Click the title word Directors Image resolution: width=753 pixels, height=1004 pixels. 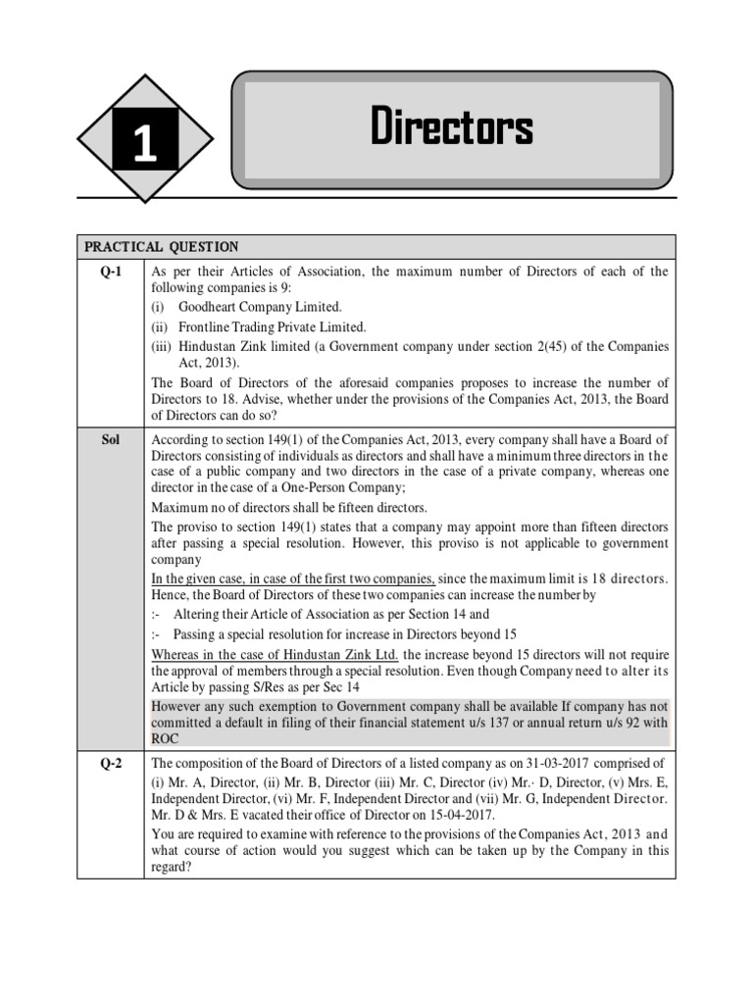click(x=452, y=128)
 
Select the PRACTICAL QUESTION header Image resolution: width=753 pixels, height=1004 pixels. click(x=161, y=246)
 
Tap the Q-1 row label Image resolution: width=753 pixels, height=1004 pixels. click(x=110, y=272)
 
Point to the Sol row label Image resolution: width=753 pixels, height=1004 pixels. click(x=110, y=440)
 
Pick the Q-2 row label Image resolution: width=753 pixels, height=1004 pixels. click(x=110, y=763)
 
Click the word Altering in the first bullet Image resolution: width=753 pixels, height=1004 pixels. click(x=209, y=614)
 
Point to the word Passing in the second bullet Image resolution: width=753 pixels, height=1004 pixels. click(x=207, y=633)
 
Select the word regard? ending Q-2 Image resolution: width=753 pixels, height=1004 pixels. click(x=173, y=867)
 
